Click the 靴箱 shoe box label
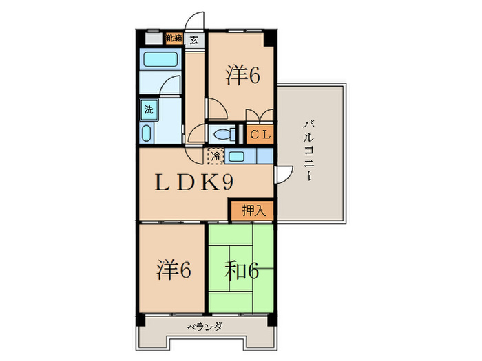click(x=174, y=39)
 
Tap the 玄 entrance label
click(x=193, y=40)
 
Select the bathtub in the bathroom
click(x=160, y=59)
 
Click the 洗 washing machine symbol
click(x=149, y=109)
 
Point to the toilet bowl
click(x=224, y=135)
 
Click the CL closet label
click(x=260, y=135)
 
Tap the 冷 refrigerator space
click(x=216, y=156)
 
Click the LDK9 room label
click(x=193, y=182)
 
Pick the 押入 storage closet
click(x=253, y=210)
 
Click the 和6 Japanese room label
click(x=242, y=272)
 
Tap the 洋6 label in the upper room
click(x=243, y=74)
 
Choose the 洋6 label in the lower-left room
click(x=174, y=270)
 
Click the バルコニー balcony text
click(x=308, y=151)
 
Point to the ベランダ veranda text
click(x=205, y=327)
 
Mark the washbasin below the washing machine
click(x=147, y=133)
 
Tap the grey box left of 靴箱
click(x=154, y=39)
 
